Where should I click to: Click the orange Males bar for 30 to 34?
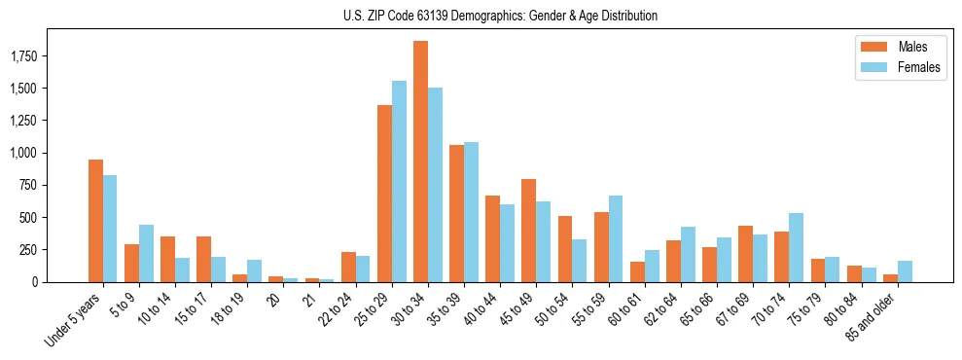(x=420, y=162)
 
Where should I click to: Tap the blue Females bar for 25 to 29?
(x=399, y=181)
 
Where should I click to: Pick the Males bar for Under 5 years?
(x=95, y=221)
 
